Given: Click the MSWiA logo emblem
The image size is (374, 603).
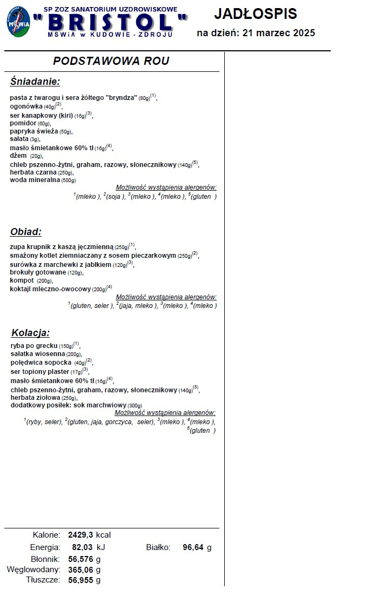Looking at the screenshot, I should click(19, 22).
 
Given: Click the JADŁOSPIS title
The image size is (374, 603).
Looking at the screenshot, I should click(255, 14).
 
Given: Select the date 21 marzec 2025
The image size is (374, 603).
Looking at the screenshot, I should click(279, 33).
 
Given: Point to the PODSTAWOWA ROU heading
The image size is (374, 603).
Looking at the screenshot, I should click(111, 61).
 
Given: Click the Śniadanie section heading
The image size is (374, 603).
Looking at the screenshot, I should click(35, 82).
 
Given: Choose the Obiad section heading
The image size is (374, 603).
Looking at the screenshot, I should click(26, 232).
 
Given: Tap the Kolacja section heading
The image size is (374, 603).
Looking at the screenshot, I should click(30, 333).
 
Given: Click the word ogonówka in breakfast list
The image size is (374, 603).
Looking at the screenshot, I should click(26, 106).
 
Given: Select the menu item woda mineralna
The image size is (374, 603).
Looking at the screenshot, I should click(35, 180).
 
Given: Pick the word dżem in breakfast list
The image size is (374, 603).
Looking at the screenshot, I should click(18, 156).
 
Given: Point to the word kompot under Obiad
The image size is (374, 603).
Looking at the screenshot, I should click(22, 281).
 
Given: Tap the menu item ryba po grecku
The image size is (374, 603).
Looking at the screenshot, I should click(34, 346).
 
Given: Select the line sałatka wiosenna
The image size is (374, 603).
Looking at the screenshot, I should click(38, 354).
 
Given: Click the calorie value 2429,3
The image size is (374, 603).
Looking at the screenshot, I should click(81, 535).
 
